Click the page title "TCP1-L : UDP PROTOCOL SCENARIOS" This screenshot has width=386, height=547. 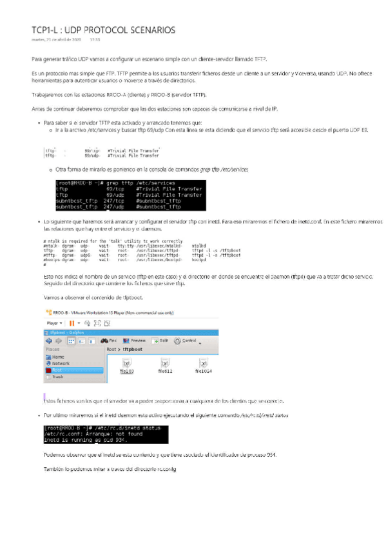click(103, 30)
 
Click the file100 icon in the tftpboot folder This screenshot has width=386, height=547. click(126, 366)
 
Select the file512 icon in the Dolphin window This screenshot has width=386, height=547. click(165, 366)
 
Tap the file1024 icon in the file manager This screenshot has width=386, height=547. click(204, 366)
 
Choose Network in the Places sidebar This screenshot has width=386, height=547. click(60, 363)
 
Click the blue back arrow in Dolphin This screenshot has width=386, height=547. click(48, 340)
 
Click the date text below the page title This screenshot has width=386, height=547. click(56, 40)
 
